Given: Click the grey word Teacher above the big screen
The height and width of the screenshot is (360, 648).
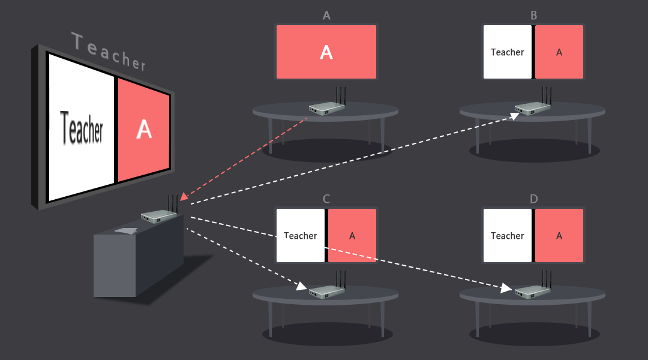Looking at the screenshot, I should coord(109,52).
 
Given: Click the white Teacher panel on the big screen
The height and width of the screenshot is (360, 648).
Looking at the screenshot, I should coord(82,128).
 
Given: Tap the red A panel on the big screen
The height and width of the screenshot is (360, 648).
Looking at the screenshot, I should coord(143,129).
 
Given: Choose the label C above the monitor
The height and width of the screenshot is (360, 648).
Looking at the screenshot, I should coord(326,199).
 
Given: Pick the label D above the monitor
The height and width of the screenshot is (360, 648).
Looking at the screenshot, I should coord(533,199).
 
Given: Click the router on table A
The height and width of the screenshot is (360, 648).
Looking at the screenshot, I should coord(327,107).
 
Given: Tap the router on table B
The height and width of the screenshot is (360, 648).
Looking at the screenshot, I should coord(533,107).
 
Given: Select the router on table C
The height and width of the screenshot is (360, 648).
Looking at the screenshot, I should coord(327,291).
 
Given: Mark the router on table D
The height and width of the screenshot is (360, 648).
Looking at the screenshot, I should coord(533,291).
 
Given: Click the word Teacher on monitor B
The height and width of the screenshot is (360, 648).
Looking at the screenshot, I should coord(508,52).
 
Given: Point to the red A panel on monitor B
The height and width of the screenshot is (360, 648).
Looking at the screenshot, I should coord(559,52).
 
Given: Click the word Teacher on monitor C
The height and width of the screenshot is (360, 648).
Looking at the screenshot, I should coord(301,236).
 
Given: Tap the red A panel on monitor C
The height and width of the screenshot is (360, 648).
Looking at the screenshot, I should coord(352,236).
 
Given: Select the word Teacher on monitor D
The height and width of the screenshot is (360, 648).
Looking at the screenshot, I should coord(508,236).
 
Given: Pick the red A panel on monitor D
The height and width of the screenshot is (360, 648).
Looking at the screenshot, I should coord(559,236).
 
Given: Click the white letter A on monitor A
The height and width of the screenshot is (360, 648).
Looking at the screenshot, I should coord(326,52).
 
